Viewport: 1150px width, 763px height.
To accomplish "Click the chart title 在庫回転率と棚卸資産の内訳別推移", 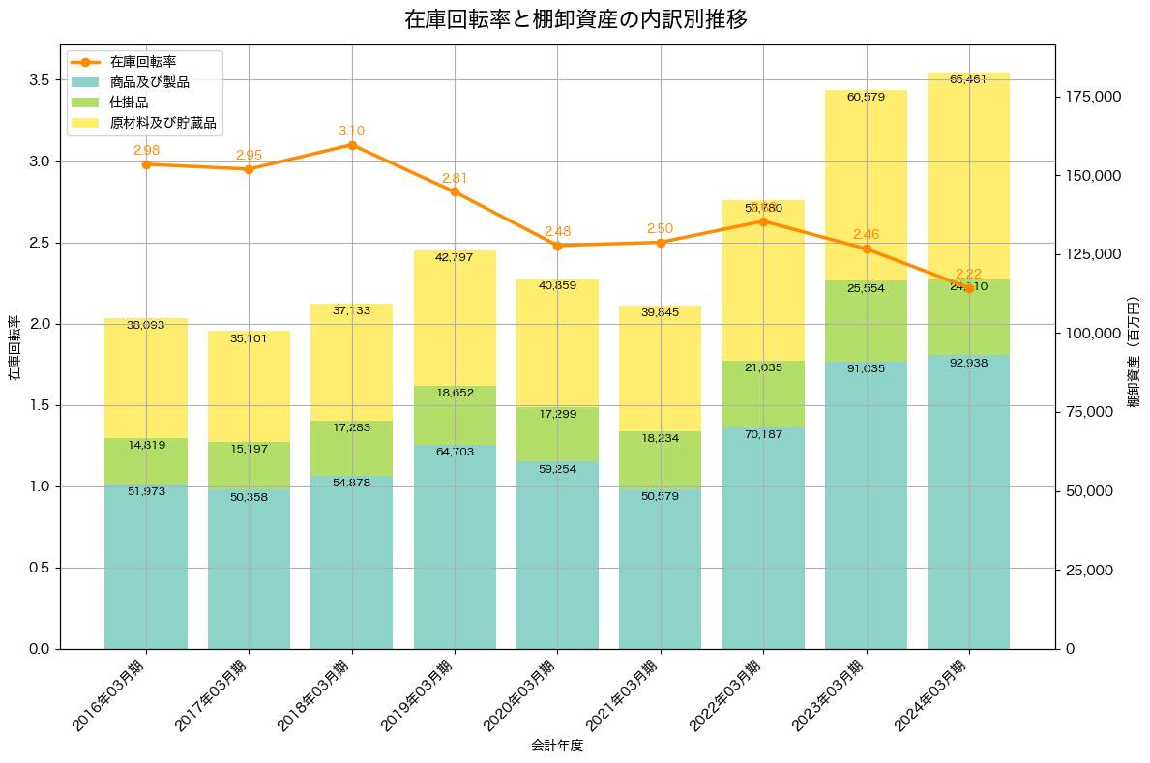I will [575, 19].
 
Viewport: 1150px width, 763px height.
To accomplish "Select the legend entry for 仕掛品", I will [129, 103].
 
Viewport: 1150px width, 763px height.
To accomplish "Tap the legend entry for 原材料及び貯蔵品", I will [162, 124].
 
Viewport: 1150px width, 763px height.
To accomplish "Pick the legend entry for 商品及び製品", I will [149, 82].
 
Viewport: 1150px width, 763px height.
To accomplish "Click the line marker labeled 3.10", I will [352, 145].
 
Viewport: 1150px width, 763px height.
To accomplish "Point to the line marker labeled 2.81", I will [455, 191].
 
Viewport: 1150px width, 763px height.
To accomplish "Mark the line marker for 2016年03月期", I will [146, 164].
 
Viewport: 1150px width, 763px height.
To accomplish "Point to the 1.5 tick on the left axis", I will [38, 405].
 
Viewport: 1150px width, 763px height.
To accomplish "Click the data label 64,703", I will [455, 452].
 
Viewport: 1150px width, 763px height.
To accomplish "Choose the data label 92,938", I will [968, 363].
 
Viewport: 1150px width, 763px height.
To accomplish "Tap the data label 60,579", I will [866, 97].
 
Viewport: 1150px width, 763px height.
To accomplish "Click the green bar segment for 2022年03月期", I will [763, 394].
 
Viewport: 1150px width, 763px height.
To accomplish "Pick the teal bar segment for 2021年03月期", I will [661, 571].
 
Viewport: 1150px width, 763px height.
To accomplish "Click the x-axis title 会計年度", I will [557, 746].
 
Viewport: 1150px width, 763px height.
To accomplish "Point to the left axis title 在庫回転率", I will [14, 347].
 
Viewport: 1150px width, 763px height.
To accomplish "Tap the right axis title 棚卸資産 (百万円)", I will [1134, 347].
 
